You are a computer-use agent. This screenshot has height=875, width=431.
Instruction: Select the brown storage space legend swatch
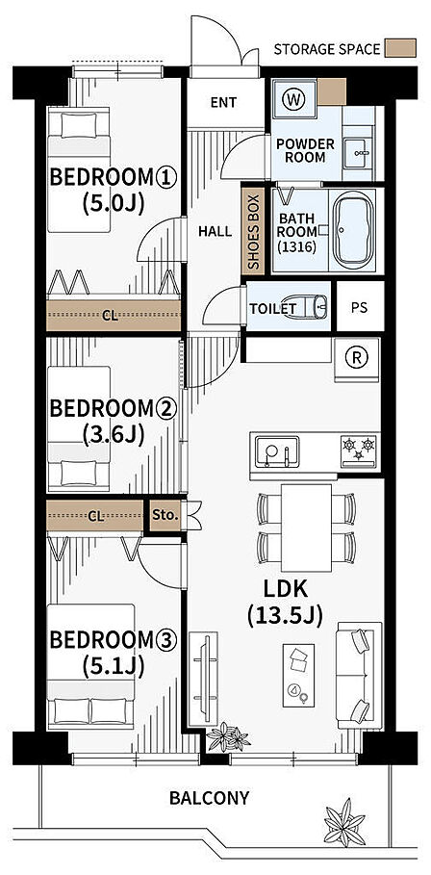click(x=399, y=48)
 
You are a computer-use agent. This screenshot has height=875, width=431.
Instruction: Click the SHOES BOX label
click(x=253, y=231)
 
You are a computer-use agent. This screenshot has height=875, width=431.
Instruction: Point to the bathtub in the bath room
click(x=353, y=230)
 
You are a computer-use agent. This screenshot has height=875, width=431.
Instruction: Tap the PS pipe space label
click(x=360, y=307)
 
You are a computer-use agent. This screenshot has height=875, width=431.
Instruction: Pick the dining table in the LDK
click(x=306, y=528)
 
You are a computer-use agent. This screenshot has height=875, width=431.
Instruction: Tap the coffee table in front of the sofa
click(x=298, y=675)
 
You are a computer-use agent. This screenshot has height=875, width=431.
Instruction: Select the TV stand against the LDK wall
click(x=203, y=679)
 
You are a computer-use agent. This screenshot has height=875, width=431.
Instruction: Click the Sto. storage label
click(x=165, y=517)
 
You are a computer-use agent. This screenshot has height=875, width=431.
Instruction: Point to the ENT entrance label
click(x=223, y=103)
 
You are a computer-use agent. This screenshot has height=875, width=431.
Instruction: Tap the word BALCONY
click(x=209, y=798)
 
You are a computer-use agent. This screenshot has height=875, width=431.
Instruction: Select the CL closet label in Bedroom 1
click(x=111, y=316)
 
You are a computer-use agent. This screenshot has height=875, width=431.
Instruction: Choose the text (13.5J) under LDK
click(x=285, y=615)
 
